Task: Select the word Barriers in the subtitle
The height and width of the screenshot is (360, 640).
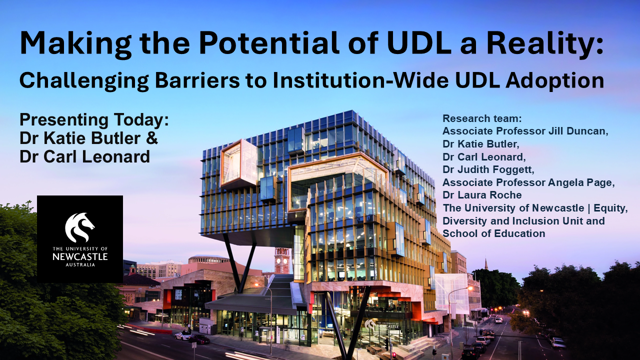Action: pos(197,80)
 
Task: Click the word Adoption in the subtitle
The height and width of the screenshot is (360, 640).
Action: pos(555,81)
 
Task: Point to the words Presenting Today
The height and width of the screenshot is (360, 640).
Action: pos(94,120)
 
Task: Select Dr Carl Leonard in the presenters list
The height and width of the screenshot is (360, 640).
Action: pos(85,156)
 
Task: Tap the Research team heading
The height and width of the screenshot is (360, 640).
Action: pos(482,118)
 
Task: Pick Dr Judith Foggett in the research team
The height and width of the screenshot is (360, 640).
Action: pos(488,169)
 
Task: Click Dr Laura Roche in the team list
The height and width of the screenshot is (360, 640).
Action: pos(482,195)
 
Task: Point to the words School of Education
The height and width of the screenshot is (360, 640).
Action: pos(493,233)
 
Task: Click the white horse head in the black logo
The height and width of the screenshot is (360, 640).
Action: pos(79,227)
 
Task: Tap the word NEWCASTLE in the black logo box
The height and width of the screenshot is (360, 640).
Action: pos(80,256)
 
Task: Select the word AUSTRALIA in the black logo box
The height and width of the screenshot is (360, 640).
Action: pos(80,265)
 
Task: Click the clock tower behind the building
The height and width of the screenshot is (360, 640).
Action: pos(282,260)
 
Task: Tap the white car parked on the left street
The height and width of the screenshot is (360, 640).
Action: pos(183,335)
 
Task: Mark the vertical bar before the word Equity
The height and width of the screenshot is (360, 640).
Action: pos(589,208)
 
